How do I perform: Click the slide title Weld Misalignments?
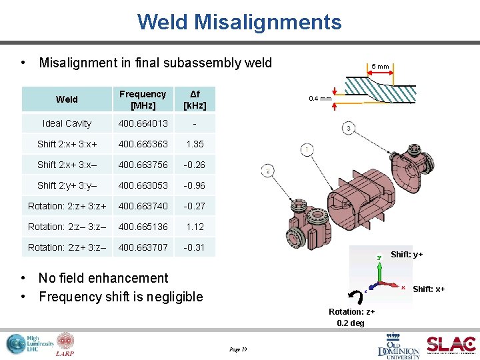239,22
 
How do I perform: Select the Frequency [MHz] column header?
143,99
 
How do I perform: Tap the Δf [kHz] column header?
195,99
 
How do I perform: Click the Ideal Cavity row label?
67,123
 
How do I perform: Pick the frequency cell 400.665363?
143,144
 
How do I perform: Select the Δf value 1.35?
195,144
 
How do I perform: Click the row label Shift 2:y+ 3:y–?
67,185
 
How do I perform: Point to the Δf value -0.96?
195,185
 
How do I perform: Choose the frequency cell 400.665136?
143,227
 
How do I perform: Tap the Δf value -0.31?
195,247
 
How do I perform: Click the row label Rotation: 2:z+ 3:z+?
67,206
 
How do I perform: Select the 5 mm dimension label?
381,67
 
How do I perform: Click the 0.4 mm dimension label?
320,99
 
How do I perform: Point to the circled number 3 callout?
349,128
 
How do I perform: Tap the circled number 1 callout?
306,149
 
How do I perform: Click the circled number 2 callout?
268,171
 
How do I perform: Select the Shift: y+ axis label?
407,255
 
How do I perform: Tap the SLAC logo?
451,344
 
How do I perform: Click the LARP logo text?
65,353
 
